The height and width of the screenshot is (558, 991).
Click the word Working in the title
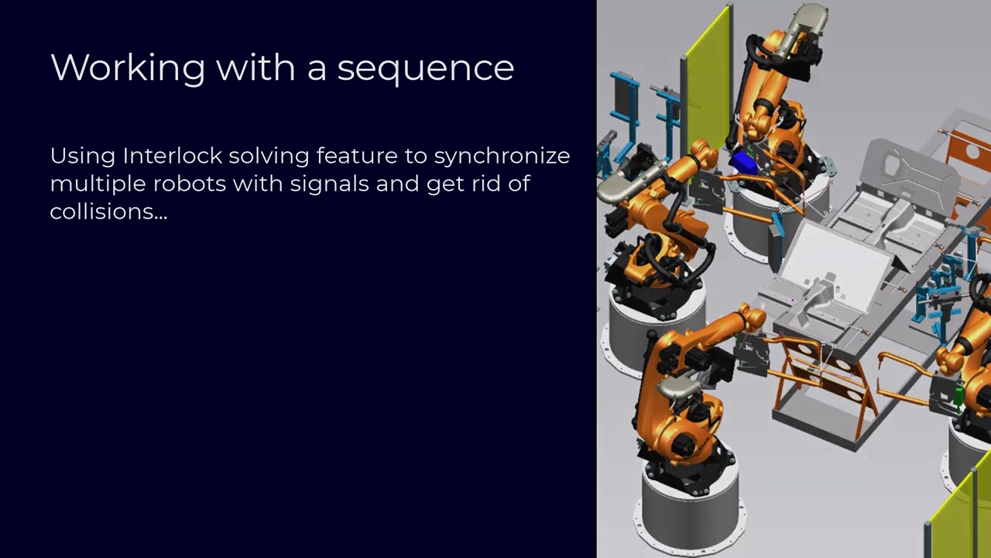[x=127, y=68]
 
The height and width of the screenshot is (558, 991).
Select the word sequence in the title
[x=425, y=68]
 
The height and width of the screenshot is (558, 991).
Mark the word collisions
[x=108, y=212]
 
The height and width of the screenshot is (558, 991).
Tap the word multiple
[x=98, y=184]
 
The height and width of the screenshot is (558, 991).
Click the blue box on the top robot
[x=744, y=162]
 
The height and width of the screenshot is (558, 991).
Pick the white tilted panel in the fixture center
[x=840, y=256]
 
